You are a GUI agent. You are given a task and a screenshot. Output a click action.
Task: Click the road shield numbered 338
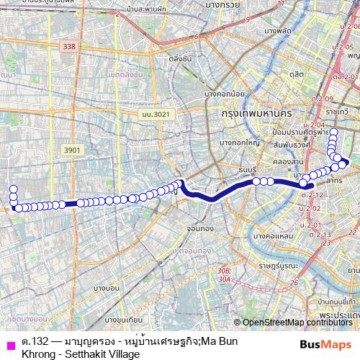click(x=68, y=45)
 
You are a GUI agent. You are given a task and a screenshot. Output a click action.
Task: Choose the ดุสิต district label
click(x=296, y=73)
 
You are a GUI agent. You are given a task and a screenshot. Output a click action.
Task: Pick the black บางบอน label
click(x=107, y=288)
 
